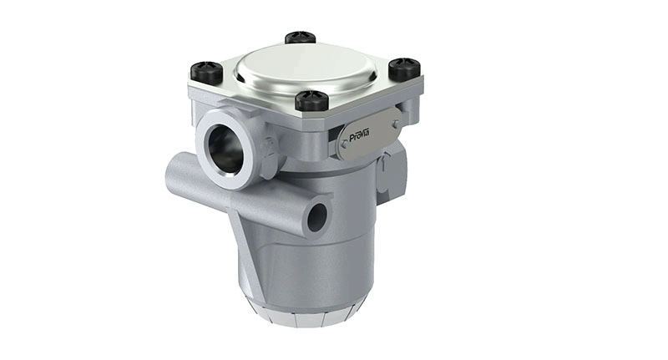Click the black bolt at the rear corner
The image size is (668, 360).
click(300, 37)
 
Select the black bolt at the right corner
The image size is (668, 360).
click(404, 68)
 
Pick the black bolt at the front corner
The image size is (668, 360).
click(312, 100)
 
